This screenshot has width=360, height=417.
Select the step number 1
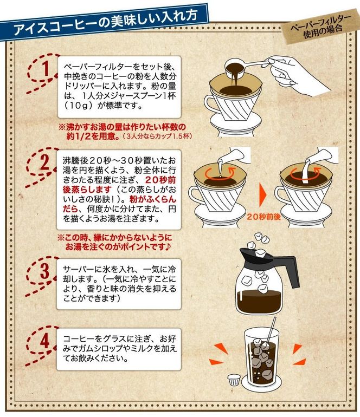pyautogui.click(x=47, y=69)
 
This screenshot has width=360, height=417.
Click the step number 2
pyautogui.click(x=46, y=161)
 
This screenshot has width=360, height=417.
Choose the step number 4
pyautogui.click(x=46, y=341)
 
